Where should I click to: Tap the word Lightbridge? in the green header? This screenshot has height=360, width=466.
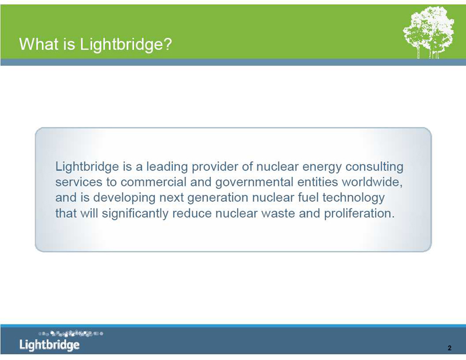pyautogui.click(x=126, y=45)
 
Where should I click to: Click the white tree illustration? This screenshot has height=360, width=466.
pyautogui.click(x=429, y=33)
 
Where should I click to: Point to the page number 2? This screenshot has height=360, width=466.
pyautogui.click(x=449, y=348)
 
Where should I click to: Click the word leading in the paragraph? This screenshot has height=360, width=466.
pyautogui.click(x=167, y=167)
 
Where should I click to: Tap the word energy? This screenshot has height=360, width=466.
pyautogui.click(x=322, y=167)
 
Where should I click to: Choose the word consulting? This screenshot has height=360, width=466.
pyautogui.click(x=374, y=167)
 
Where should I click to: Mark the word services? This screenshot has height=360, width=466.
pyautogui.click(x=79, y=182)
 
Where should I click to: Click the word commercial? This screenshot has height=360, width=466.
pyautogui.click(x=153, y=182)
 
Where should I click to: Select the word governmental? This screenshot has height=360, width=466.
pyautogui.click(x=255, y=182)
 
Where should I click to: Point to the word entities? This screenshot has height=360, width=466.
pyautogui.click(x=317, y=182)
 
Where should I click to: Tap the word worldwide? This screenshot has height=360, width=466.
pyautogui.click(x=372, y=182)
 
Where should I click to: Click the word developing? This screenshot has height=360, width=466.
pyautogui.click(x=124, y=198)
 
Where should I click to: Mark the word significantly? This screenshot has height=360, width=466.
pyautogui.click(x=135, y=214)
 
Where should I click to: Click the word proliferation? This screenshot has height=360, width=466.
pyautogui.click(x=359, y=214)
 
